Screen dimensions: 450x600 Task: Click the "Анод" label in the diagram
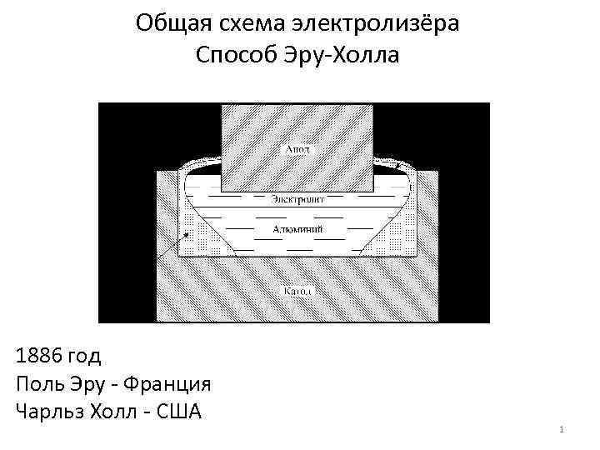point(297,150)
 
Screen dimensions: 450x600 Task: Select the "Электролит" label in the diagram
point(297,199)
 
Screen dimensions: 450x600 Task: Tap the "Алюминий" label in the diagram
point(297,228)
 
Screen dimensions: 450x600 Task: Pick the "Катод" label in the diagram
point(297,292)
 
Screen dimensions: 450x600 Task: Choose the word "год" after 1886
point(85,357)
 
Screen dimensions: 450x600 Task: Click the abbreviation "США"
point(181,412)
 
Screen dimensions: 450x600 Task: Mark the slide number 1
point(562,430)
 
